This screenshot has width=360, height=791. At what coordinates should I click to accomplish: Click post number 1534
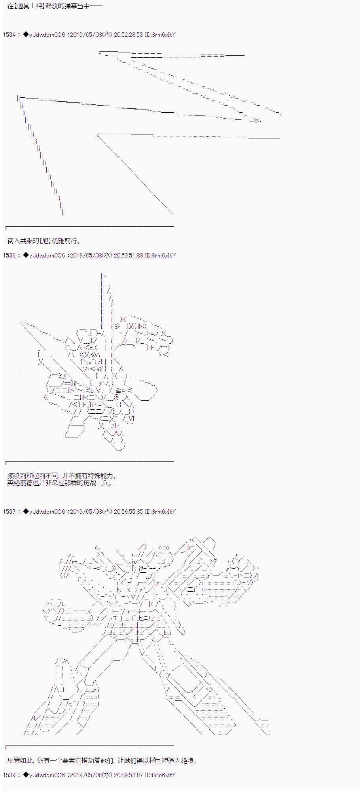[x=9, y=35]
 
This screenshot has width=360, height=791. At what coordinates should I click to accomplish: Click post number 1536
[x=9, y=255]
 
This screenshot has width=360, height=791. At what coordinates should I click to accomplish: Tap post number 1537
[x=9, y=512]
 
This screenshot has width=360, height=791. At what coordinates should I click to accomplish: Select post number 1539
[x=9, y=775]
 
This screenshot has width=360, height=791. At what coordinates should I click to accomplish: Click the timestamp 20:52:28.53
[x=128, y=35]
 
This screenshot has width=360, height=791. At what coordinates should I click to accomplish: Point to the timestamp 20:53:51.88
[x=128, y=255]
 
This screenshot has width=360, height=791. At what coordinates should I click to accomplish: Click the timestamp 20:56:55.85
[x=128, y=512]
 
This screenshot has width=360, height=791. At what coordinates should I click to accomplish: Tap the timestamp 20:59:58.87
[x=128, y=775]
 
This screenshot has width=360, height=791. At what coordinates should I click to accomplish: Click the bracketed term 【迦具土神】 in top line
[x=28, y=7]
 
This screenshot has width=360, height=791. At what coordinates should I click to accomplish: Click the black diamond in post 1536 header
[x=26, y=255]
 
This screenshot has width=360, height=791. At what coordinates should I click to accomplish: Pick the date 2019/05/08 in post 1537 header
[x=86, y=512]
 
